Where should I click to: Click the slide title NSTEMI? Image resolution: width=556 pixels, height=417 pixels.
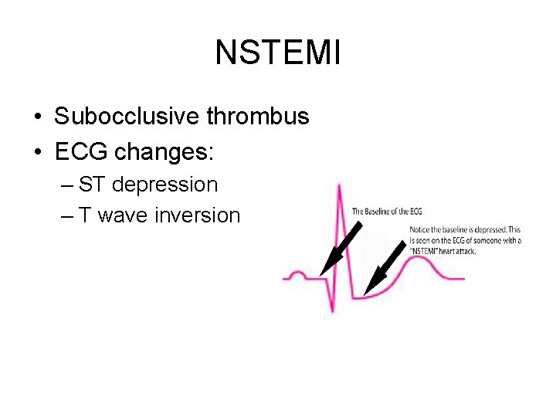pyautogui.click(x=277, y=53)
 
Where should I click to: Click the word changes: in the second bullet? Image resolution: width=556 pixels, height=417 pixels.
pyautogui.click(x=164, y=152)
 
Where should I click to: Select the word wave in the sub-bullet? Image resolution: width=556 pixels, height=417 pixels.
pyautogui.click(x=124, y=215)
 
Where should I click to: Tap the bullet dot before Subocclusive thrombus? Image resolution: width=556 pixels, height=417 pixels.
pyautogui.click(x=37, y=117)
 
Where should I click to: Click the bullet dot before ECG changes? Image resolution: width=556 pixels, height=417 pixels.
pyautogui.click(x=37, y=153)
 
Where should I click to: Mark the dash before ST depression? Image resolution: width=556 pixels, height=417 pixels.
pyautogui.click(x=66, y=185)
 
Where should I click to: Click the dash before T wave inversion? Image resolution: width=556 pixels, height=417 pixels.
pyautogui.click(x=66, y=216)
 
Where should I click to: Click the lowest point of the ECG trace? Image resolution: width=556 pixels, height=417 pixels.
pyautogui.click(x=333, y=310)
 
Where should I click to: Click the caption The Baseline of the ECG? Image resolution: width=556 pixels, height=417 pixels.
pyautogui.click(x=387, y=211)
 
